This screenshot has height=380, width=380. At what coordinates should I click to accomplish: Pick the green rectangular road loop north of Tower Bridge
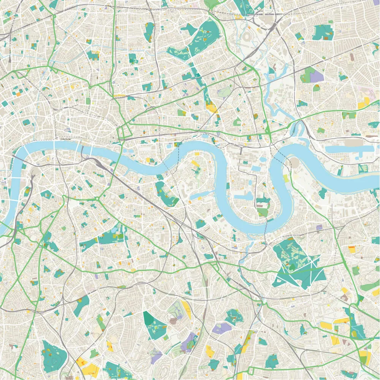tap(124, 133)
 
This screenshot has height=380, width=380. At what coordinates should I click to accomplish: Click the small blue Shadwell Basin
tap(169, 146)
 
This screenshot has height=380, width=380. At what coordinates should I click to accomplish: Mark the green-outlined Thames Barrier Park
tap(363, 168)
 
